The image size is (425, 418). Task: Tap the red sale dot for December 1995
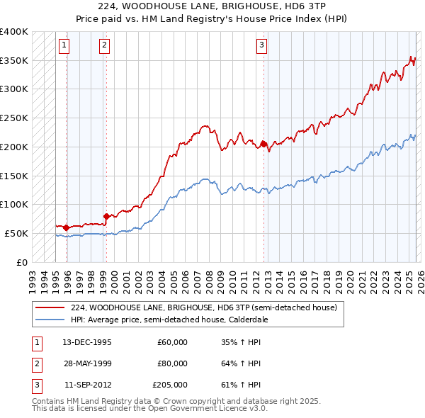[66, 227]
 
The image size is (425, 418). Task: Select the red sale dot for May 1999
[106, 216]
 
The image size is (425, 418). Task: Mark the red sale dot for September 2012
[263, 144]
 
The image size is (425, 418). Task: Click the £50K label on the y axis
[16, 233]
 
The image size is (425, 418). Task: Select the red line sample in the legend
[50, 308]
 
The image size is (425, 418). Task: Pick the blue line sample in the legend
[50, 320]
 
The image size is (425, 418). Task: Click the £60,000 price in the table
[172, 342]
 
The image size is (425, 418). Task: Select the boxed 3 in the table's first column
[37, 385]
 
